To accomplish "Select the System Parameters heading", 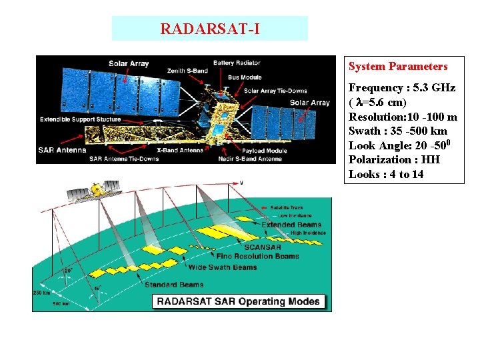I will tap(398, 67).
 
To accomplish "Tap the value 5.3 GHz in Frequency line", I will tap(431, 88).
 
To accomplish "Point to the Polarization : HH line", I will tap(394, 160).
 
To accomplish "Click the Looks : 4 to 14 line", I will tap(386, 175).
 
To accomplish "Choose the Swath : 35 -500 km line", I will tap(398, 131).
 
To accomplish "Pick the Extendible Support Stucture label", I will tap(81, 120).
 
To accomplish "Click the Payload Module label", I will tap(265, 151).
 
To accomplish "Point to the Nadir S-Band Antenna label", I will tap(249, 159).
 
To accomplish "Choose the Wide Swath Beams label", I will tap(223, 267).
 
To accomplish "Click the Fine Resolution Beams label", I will tap(257, 256).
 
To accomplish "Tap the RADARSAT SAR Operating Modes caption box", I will tap(238, 301).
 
